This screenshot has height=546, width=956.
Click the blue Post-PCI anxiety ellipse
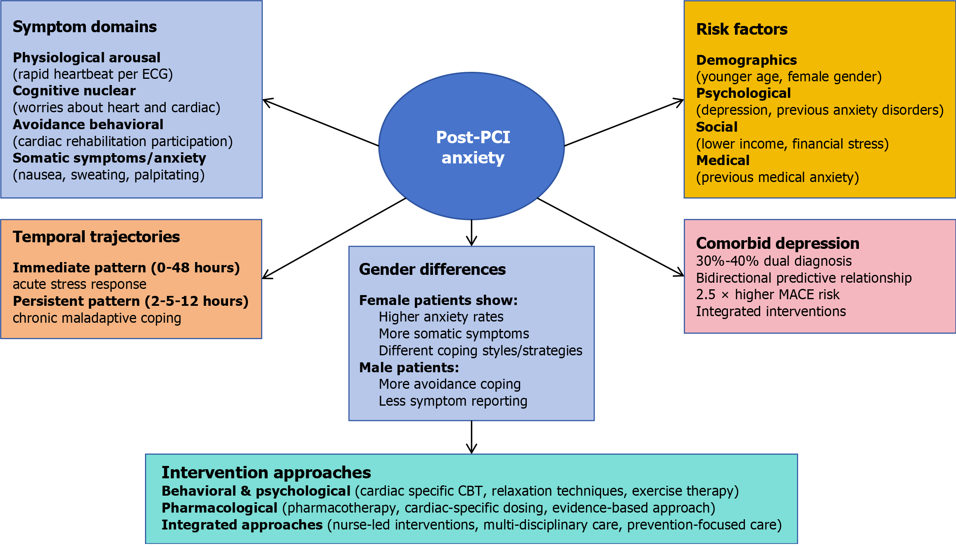tap(471, 147)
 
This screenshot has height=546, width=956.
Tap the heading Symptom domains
tap(85, 27)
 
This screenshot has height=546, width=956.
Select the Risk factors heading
tap(742, 29)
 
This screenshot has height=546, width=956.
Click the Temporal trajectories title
tap(96, 237)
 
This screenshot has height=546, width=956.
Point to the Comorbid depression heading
tap(778, 243)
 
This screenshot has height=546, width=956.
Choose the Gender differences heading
tap(432, 269)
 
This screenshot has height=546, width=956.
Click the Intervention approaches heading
tap(266, 473)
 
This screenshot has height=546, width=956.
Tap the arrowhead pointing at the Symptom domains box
tap(266, 101)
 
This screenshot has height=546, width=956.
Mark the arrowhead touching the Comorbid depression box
tap(680, 274)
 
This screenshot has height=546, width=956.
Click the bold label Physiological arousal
tap(86, 58)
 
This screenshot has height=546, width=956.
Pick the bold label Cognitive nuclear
tap(74, 91)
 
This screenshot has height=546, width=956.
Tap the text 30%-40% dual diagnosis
tap(774, 261)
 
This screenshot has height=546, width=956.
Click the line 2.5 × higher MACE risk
tap(768, 295)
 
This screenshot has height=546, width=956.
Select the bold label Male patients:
tap(409, 368)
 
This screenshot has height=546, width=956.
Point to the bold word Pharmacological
tap(219, 508)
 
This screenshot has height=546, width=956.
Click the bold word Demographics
tap(746, 60)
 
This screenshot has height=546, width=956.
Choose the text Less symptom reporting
tap(453, 401)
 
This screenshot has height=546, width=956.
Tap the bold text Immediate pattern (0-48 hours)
tap(126, 268)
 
